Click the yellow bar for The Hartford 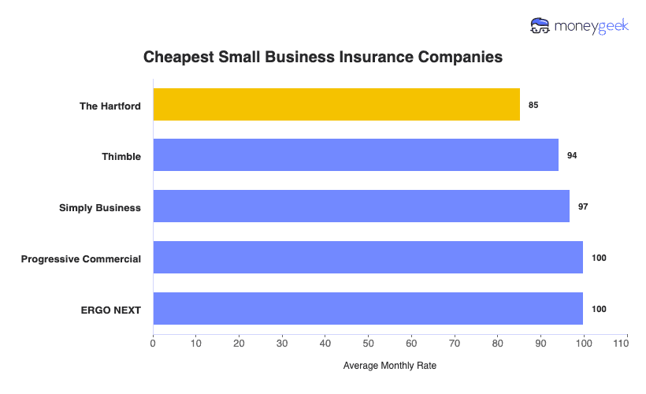[x=336, y=105]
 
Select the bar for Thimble [x=355, y=155]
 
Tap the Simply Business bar [x=361, y=206]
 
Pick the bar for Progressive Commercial [x=368, y=258]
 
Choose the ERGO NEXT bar [x=368, y=309]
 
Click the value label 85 [x=533, y=105]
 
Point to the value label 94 [x=572, y=155]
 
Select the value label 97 [x=583, y=206]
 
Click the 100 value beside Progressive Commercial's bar [x=599, y=258]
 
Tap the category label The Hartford [x=110, y=106]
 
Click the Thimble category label [x=121, y=157]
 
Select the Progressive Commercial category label [x=81, y=259]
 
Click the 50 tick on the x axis [x=368, y=344]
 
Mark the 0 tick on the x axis [x=153, y=344]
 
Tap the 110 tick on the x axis [x=626, y=344]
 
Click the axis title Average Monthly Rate [x=390, y=366]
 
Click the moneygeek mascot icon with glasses [x=540, y=26]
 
